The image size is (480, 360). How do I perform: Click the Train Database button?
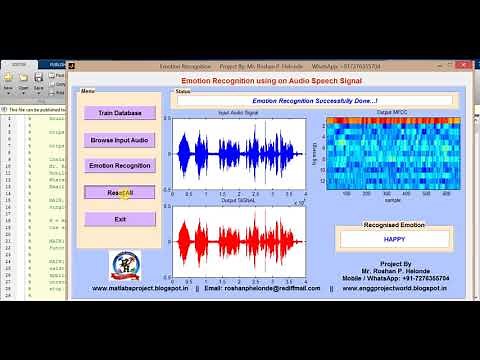(x=120, y=113)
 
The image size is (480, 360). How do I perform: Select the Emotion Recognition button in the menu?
(x=120, y=165)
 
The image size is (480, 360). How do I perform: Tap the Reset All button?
(x=120, y=192)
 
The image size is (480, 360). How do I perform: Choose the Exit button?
(x=120, y=219)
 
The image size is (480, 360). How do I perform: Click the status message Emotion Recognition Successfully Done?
(x=315, y=101)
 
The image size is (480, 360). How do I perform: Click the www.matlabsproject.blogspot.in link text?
(x=140, y=287)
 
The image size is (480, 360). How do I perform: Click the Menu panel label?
(x=89, y=91)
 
